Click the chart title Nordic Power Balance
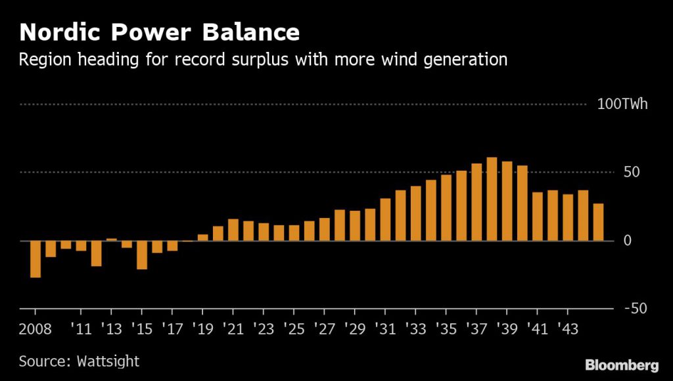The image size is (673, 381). point(159,32)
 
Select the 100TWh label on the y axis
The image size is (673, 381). point(622,104)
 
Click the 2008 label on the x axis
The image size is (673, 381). point(35,327)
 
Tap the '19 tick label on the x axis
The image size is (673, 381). point(202,327)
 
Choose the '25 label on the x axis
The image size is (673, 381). point(293,327)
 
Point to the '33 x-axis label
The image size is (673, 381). point(415,327)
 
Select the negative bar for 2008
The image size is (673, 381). point(35,259)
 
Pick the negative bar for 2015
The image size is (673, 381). point(142,255)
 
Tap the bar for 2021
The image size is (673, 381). point(233,230)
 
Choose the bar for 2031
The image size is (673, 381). point(385,219)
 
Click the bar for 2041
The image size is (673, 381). point(537,216)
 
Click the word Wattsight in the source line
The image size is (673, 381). point(106,361)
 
